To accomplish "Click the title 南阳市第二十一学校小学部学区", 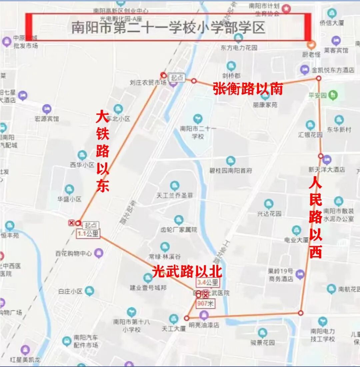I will click(168, 28).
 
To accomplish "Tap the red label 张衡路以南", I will click(248, 89).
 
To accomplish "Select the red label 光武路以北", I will click(187, 272).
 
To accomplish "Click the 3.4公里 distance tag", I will click(208, 283).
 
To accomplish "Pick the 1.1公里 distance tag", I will click(88, 234).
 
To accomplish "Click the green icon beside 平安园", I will click(333, 95).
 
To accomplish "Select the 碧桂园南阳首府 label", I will click(230, 170).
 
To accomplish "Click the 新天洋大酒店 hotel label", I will click(327, 169).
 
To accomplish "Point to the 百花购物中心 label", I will click(73, 254).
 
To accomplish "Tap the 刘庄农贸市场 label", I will click(148, 82).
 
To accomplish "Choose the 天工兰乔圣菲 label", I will click(175, 195).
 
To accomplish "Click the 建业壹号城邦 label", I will click(148, 288).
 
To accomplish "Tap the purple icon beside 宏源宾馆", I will click(47, 109).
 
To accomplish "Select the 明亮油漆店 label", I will click(204, 325).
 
